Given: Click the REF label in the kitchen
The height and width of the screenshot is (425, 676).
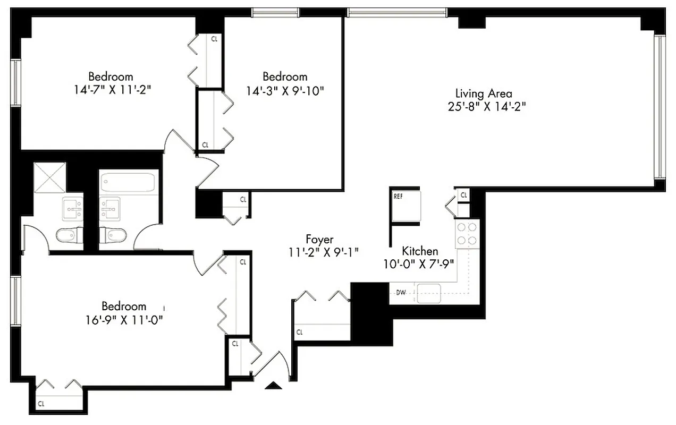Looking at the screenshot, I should pyautogui.click(x=398, y=196).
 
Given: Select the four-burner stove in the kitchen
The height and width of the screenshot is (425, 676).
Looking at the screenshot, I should pyautogui.click(x=467, y=234).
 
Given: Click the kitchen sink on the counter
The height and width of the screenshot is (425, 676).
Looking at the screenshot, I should pyautogui.click(x=429, y=293).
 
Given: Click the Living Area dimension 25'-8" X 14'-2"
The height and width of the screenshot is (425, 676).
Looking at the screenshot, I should pyautogui.click(x=484, y=105).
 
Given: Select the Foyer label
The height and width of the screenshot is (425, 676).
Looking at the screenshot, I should pyautogui.click(x=319, y=239).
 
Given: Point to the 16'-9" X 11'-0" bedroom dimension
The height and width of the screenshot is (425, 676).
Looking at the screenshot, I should pyautogui.click(x=124, y=319).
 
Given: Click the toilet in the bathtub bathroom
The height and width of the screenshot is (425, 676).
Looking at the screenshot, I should pyautogui.click(x=113, y=235).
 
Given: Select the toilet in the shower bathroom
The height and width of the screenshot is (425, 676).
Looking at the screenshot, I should pyautogui.click(x=70, y=235).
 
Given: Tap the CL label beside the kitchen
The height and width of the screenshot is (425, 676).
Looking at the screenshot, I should pyautogui.click(x=464, y=195).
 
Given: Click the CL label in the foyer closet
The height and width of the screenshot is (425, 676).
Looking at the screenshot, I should pyautogui.click(x=299, y=333).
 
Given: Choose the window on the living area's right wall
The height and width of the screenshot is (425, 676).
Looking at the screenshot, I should pyautogui.click(x=659, y=106).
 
